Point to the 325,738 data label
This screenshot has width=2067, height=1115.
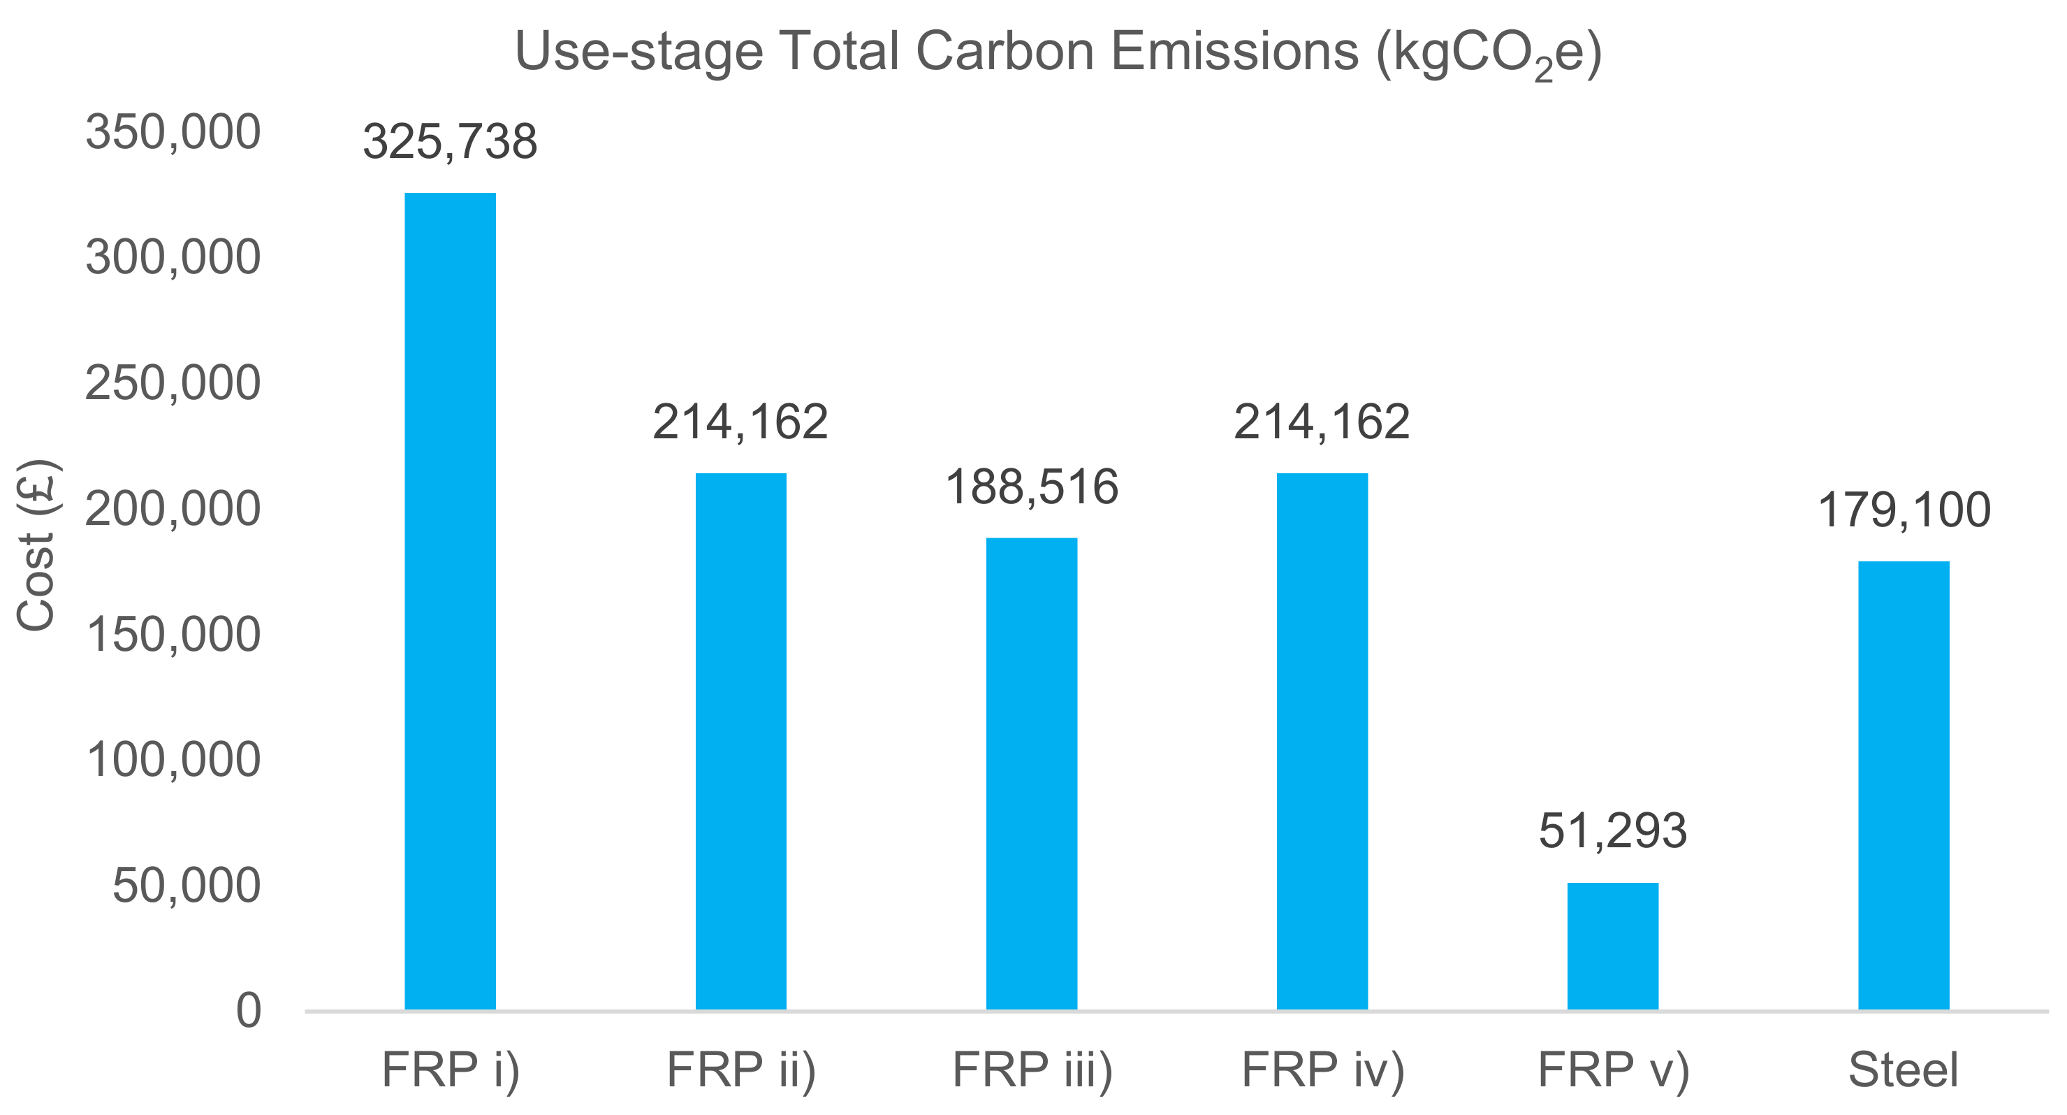pos(450,142)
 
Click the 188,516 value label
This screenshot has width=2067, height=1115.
pos(1032,487)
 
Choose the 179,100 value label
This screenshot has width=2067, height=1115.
pos(1904,510)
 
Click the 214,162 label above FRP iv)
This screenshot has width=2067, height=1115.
pos(1322,422)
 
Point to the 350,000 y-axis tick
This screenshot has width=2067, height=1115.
pos(173,132)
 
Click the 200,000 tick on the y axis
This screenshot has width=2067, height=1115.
pos(173,509)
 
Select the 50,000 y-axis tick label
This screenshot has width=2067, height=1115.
pos(186,886)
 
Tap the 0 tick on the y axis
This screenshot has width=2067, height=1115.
pos(248,1011)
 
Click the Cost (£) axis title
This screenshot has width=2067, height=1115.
pos(36,545)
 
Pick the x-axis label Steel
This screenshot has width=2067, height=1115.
pos(1904,1070)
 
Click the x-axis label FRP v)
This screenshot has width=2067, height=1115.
pos(1614,1070)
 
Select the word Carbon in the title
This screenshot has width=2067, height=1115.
pos(1005,52)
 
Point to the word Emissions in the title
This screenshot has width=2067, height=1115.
pos(1234,52)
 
